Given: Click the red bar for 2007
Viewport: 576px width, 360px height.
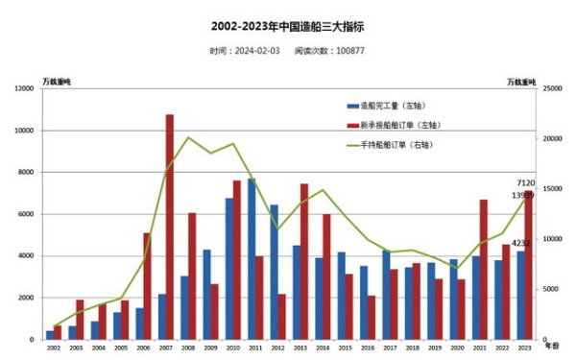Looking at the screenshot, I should click(170, 227).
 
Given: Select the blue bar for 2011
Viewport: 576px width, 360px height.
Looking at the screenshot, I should click(252, 259).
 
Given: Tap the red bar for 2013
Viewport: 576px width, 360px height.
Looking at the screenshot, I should click(303, 261).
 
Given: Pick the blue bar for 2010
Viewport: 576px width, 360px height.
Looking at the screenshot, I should click(229, 269).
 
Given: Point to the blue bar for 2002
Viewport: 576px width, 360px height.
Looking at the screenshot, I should click(50, 335).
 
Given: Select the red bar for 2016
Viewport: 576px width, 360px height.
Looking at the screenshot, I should click(372, 317).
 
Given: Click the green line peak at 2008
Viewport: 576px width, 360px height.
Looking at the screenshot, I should click(188, 137).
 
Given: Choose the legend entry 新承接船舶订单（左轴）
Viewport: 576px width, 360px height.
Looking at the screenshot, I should click(398, 125).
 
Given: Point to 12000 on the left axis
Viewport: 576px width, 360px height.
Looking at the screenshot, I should click(23, 88).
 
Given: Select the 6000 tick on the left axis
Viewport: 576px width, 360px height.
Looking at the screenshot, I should click(25, 214).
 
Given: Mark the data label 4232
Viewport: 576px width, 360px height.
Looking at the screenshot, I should click(520, 243).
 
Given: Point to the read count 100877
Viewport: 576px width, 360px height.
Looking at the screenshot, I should click(347, 51).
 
